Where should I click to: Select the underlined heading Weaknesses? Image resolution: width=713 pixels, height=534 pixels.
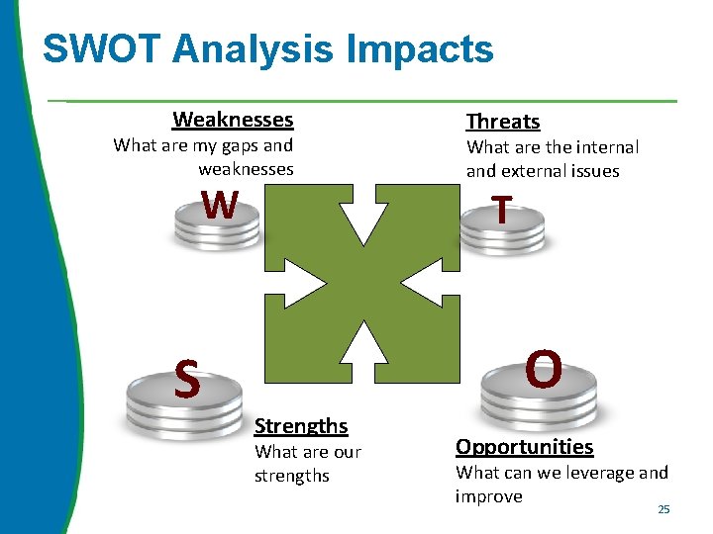[233, 120]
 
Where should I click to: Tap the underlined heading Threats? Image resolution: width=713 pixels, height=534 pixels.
[503, 122]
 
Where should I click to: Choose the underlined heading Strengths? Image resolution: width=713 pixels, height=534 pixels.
[301, 426]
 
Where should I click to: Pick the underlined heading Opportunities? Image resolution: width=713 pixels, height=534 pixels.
[524, 447]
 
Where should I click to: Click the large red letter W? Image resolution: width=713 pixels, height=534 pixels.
[219, 205]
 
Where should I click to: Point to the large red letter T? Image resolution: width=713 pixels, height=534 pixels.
[502, 210]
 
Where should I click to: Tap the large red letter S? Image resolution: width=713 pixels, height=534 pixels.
[186, 378]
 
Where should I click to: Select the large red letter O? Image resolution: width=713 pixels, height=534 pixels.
[544, 370]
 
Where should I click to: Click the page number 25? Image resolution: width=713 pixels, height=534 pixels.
[663, 509]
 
